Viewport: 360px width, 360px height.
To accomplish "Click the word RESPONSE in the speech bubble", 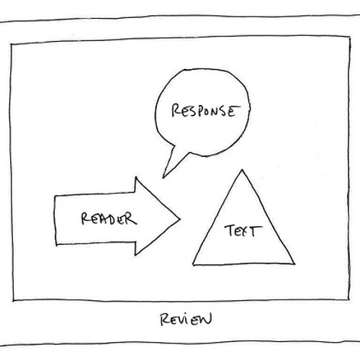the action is point(206,111).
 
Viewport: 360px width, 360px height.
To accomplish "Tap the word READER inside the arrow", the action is point(109,218).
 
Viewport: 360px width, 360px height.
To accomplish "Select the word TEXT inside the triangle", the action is point(243,230).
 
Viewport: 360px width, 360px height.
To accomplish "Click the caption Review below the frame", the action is point(186,319).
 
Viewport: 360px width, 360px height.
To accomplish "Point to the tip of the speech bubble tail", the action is point(163,178).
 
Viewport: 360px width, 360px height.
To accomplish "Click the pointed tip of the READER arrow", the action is point(180,219).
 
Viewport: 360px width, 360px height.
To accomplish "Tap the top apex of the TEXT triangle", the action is point(242,170).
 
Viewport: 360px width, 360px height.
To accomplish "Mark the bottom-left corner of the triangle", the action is point(193,265).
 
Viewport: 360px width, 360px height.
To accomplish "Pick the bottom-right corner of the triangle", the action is point(294,264).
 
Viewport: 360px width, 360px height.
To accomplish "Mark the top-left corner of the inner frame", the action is point(11,45).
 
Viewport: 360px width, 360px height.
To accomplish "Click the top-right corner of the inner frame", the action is point(350,37).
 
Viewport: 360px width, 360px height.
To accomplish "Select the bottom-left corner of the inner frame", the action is point(14,300).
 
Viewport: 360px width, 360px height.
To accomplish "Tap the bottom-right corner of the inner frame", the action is point(348,300).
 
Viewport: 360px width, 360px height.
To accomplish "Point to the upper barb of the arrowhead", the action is point(136,177).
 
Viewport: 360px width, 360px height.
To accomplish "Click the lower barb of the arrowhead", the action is point(135,255).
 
